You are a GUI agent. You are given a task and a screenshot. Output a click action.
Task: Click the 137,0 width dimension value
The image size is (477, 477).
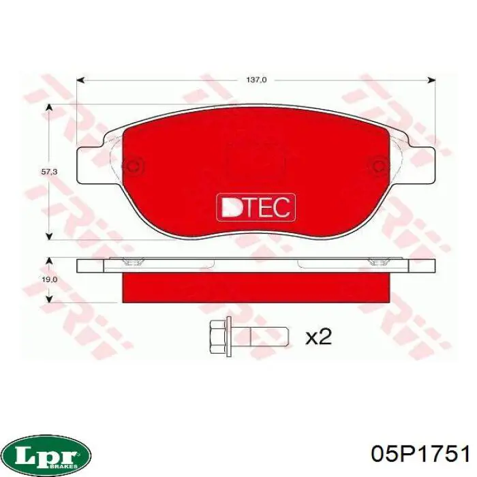click(255, 80)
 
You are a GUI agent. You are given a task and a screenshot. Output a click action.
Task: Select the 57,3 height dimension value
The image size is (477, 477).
click(48, 172)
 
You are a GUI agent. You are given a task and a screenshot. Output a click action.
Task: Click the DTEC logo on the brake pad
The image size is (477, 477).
click(256, 206)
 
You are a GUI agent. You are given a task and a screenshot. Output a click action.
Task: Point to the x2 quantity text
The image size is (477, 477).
click(318, 337)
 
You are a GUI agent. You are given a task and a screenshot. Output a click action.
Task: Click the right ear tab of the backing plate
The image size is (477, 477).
click(422, 165)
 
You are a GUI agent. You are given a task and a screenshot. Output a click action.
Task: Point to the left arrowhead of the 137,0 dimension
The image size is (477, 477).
click(80, 80)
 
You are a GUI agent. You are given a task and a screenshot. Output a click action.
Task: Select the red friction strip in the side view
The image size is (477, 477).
click(256, 287)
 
